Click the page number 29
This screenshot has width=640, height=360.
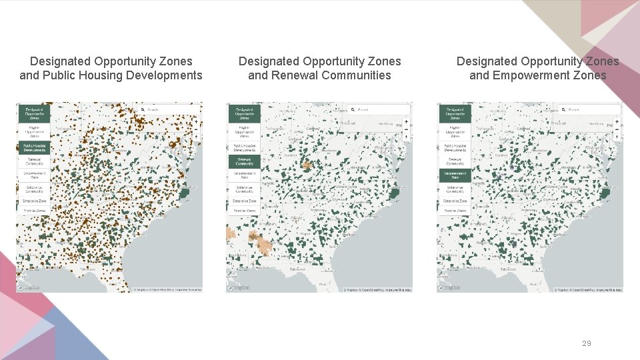point(586,343)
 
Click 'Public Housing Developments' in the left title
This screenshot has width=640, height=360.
point(122,75)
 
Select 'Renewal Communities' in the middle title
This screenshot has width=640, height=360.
point(319,75)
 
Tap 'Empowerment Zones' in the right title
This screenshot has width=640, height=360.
point(537,75)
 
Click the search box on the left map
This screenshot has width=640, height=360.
point(170,109)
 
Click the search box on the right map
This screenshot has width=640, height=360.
point(591,109)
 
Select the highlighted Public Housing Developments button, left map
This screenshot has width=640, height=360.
point(34,147)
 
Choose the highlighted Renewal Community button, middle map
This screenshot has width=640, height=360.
point(244,161)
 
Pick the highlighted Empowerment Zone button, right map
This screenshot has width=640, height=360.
point(455,176)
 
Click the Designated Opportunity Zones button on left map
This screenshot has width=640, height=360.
point(34,113)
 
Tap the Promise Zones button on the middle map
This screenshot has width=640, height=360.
point(244,210)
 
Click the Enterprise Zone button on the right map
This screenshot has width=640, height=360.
point(455,200)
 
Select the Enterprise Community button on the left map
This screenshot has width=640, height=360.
point(34,189)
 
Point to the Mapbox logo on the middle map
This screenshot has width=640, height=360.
point(239,288)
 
